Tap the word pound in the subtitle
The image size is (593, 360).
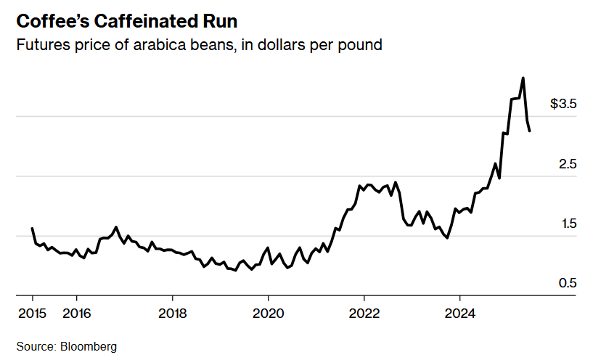point(361,45)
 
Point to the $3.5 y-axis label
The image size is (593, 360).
point(563,105)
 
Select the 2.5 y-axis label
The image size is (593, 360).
point(567,165)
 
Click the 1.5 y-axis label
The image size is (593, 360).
point(567,224)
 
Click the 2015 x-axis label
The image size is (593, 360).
point(33,314)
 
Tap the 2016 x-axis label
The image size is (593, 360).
point(76,314)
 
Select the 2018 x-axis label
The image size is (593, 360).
point(172,314)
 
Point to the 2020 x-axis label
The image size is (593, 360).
point(268,314)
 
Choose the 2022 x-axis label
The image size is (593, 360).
point(364,314)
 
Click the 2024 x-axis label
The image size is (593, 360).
point(459,314)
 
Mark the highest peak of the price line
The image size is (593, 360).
point(523,78)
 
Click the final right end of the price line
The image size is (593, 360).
point(530,131)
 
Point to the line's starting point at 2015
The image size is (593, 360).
point(33,229)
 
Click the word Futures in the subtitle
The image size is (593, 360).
point(40,45)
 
